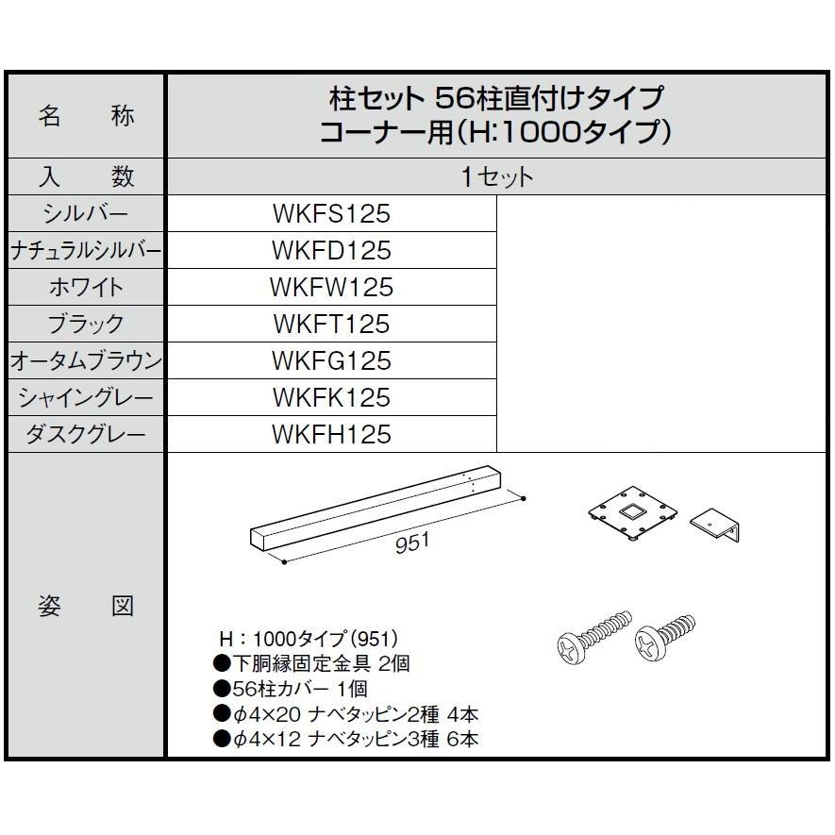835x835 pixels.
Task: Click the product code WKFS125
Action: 330,214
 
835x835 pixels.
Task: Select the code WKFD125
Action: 330,251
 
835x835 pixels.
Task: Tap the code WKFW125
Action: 330,287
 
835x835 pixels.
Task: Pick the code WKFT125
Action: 330,324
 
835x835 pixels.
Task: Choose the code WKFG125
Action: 330,360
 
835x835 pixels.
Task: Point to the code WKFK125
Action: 330,397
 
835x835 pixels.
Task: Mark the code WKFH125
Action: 330,434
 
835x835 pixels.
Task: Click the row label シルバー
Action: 85,214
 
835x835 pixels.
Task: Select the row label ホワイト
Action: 85,287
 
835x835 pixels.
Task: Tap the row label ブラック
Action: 85,324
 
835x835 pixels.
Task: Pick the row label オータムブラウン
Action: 85,360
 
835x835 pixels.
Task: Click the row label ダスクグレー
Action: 85,434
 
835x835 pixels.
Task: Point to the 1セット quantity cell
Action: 497,176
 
